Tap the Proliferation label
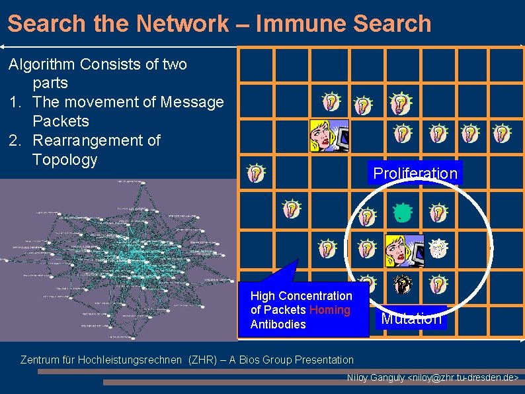click(415, 173)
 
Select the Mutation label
click(411, 319)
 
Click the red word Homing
click(329, 310)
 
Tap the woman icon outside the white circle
click(329, 136)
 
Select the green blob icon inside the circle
click(401, 213)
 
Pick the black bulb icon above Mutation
click(402, 284)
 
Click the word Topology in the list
click(65, 160)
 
